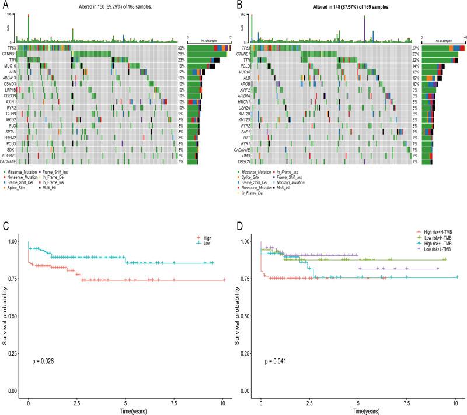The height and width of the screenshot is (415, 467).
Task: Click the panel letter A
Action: click(x=5, y=5)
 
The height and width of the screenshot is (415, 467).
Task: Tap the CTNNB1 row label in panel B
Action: click(x=246, y=54)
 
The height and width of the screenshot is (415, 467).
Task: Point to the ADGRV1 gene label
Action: click(x=9, y=156)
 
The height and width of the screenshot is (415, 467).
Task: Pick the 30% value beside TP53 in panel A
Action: click(x=181, y=48)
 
